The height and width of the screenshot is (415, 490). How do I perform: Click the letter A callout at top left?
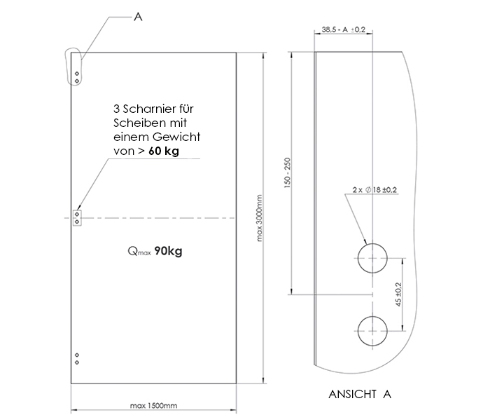coord(138,17)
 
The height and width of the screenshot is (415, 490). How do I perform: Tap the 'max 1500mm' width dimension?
coord(153,406)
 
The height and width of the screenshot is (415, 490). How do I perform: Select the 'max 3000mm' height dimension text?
coord(260,218)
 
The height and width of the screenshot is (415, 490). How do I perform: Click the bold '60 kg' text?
coord(164,151)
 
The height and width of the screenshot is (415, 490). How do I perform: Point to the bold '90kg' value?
coord(168,251)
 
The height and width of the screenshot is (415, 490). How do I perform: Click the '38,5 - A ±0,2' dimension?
coord(344,29)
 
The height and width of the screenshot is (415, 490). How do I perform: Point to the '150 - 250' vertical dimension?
coord(288,172)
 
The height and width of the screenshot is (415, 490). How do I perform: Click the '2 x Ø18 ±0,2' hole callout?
coord(374,190)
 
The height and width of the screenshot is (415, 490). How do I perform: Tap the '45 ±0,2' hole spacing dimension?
coord(398,294)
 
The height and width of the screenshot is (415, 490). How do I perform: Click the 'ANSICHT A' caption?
coord(360,394)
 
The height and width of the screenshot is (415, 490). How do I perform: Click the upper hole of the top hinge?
coord(77,74)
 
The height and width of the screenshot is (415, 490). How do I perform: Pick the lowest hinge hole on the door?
coord(77,362)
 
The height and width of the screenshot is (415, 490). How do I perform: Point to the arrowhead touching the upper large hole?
coord(365,240)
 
